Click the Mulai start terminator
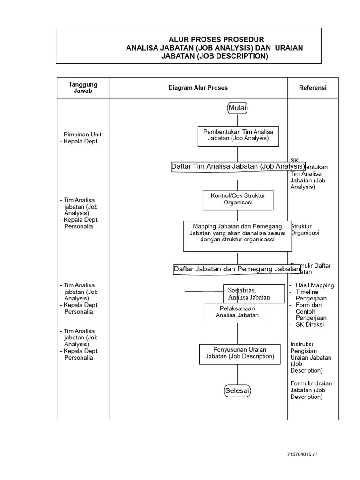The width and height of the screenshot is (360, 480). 238,108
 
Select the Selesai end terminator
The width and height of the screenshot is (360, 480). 237,390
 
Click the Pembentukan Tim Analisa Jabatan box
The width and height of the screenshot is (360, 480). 238,135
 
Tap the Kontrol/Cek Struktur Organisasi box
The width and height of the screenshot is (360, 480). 238,199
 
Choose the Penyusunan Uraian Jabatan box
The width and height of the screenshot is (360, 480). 237,353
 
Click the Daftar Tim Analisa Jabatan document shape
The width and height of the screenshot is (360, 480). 238,166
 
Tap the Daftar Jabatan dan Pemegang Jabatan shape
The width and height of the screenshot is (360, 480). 237,269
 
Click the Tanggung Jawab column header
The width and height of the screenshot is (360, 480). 83,88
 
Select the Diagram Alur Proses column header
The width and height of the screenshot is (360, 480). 198,88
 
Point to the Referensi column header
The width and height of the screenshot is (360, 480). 313,88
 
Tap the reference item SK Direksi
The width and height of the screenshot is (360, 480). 310,324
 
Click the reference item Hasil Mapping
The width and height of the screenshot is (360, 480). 315,285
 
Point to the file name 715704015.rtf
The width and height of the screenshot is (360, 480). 302,455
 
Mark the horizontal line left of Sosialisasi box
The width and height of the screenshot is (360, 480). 203,291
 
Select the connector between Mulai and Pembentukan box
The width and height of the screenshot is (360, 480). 238,120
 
